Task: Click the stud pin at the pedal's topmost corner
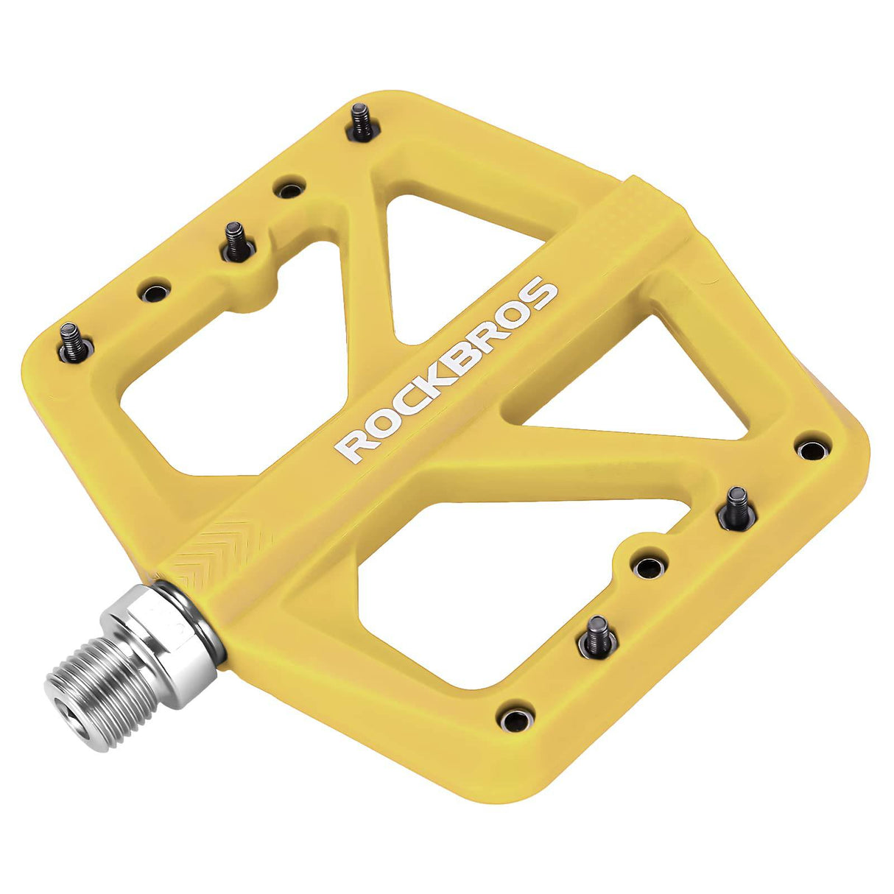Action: point(360,121)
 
